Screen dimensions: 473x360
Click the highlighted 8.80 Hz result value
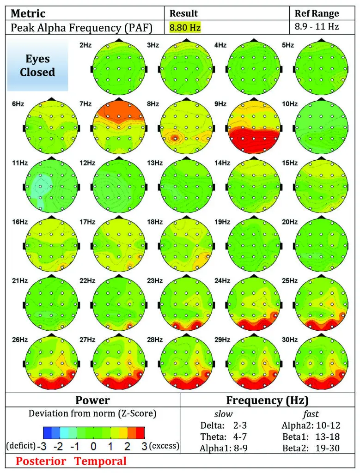185,28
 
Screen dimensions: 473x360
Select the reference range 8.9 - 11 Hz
317,27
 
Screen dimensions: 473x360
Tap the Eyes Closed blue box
37,66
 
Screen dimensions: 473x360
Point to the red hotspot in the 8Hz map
174,137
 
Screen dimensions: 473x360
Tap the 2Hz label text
85,45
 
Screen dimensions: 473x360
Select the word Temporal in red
100,461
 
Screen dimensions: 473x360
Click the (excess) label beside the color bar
164,446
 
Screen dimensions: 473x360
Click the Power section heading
92,400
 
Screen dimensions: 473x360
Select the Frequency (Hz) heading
267,400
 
